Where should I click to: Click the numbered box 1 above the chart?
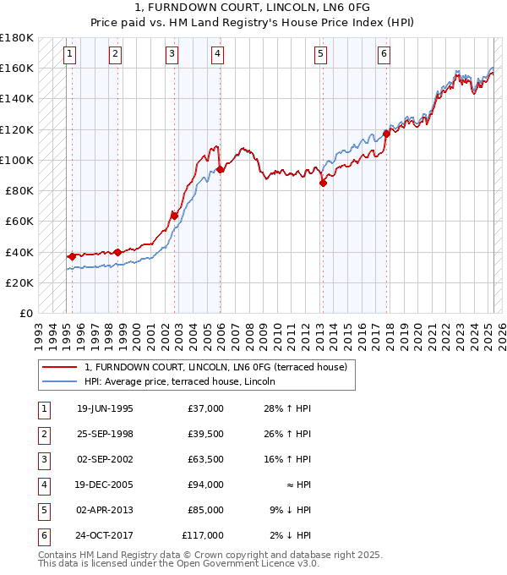[69, 54]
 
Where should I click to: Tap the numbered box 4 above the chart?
[217, 54]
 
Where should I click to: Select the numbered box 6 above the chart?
[384, 54]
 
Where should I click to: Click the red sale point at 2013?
[323, 183]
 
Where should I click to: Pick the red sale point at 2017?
[386, 134]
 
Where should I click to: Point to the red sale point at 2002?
[175, 216]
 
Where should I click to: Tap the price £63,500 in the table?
[205, 459]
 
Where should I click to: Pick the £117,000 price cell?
[204, 535]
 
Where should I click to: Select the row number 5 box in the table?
[42, 510]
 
